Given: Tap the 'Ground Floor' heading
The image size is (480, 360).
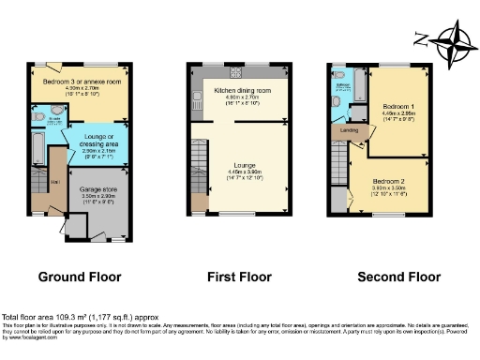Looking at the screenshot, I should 80,277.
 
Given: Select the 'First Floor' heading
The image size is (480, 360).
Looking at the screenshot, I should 239,277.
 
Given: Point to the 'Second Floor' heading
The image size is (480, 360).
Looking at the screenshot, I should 397,277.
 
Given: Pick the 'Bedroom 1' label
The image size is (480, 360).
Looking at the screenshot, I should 399,109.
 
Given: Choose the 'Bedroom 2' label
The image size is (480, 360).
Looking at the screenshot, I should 389,180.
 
